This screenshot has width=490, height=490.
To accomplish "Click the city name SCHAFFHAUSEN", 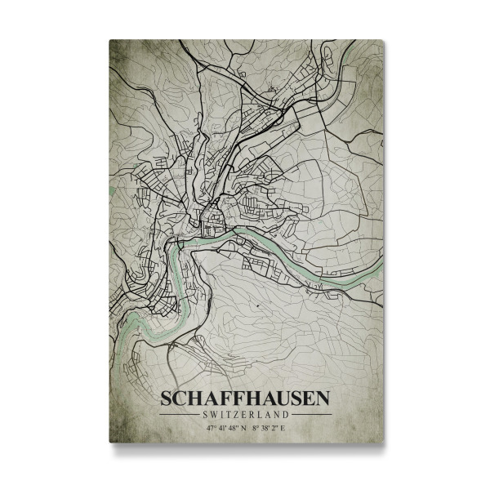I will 245,399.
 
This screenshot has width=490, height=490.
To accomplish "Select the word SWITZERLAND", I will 245,414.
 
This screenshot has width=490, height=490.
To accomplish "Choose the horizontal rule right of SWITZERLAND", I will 311,414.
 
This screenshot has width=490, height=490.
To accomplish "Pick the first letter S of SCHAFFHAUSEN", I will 167,399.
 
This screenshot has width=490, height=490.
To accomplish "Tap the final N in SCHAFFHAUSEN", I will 323,399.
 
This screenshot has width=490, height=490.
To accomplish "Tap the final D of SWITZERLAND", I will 287,414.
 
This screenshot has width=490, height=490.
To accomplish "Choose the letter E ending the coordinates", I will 281,426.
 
